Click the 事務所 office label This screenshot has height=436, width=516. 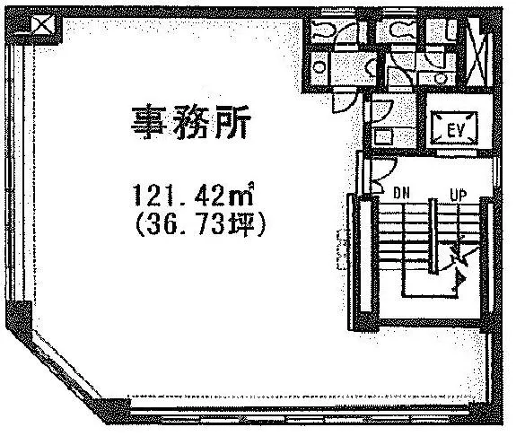191,122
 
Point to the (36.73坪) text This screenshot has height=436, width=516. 199,225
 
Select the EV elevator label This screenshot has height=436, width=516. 456,130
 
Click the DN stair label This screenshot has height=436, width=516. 401,194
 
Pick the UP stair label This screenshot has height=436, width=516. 458,195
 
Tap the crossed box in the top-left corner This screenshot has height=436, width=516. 43,25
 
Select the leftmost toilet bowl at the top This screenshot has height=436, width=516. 322,29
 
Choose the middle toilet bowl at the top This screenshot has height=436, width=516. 401,30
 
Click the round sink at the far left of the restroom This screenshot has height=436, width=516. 319,67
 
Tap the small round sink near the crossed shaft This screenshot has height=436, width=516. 440,78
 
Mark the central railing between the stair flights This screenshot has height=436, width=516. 433,236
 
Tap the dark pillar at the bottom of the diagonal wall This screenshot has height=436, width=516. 111,411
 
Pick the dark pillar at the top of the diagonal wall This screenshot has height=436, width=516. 19,317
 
